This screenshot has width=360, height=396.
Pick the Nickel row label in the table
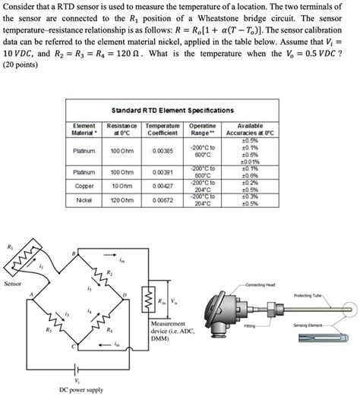[84, 200]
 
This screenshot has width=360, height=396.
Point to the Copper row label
[84, 185]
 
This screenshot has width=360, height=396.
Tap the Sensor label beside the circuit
[14, 284]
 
